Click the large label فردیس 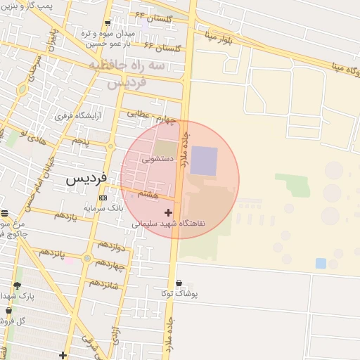pos(86,179)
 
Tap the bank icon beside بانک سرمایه pos(103,198)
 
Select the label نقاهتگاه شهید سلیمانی pos(169,224)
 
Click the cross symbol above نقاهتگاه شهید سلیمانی pos(168,212)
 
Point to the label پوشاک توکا pos(179,293)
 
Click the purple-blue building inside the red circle pos(204,160)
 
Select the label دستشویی pos(155,159)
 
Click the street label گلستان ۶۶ pos(163,47)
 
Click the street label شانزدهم pos(105,285)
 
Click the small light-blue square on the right pos(321,263)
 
